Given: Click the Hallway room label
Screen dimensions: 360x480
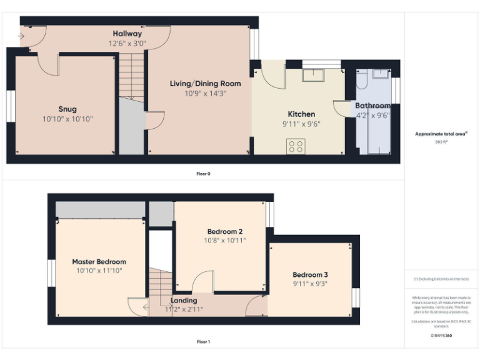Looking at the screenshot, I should click(127, 34).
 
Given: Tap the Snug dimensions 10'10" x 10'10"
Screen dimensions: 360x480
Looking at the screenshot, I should click(67, 119).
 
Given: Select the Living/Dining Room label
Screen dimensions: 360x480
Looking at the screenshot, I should click(206, 83).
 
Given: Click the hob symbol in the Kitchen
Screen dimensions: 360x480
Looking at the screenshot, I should click(296, 146).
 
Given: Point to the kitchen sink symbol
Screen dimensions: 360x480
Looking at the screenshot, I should click(312, 75).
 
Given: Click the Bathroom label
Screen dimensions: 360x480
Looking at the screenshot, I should click(373, 106).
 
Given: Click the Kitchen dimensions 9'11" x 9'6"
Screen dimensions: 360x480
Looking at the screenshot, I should click(301, 124).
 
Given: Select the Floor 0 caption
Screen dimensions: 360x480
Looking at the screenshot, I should click(203, 173).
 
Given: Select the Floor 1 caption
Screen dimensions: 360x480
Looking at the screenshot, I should click(203, 342).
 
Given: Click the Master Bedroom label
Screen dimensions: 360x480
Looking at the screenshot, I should click(99, 262).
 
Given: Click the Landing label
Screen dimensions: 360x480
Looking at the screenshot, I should click(184, 301).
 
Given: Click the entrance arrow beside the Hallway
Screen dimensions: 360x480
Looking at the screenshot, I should click(22, 36).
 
